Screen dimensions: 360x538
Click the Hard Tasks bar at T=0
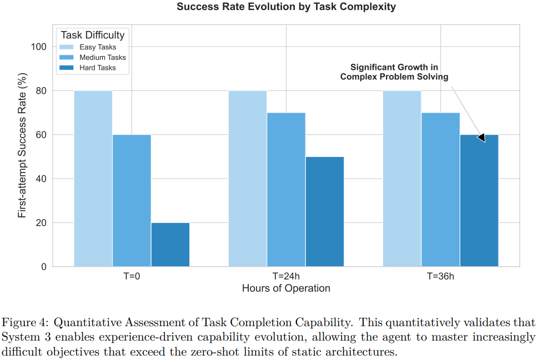point(170,245)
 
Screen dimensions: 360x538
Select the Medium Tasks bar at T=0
point(132,200)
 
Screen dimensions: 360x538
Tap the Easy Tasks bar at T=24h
point(248,179)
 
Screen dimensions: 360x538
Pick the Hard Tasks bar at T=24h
point(324,211)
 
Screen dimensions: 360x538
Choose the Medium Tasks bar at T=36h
point(440,190)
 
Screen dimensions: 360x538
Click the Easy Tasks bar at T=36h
point(402,179)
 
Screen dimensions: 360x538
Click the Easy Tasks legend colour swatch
point(67,47)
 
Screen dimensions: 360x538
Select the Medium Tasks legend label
point(103,58)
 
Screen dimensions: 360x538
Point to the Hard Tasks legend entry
point(97,68)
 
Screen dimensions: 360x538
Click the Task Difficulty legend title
point(93,35)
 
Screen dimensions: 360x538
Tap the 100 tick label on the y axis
point(39,47)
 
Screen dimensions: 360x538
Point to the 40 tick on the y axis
point(41,179)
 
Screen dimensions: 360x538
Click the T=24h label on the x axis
point(286,276)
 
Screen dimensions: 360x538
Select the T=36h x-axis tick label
point(440,276)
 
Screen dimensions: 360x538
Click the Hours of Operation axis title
point(286,288)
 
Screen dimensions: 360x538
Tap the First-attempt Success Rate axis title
point(22,145)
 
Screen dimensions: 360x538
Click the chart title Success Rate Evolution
point(286,7)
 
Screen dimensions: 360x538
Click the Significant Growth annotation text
point(394,72)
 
